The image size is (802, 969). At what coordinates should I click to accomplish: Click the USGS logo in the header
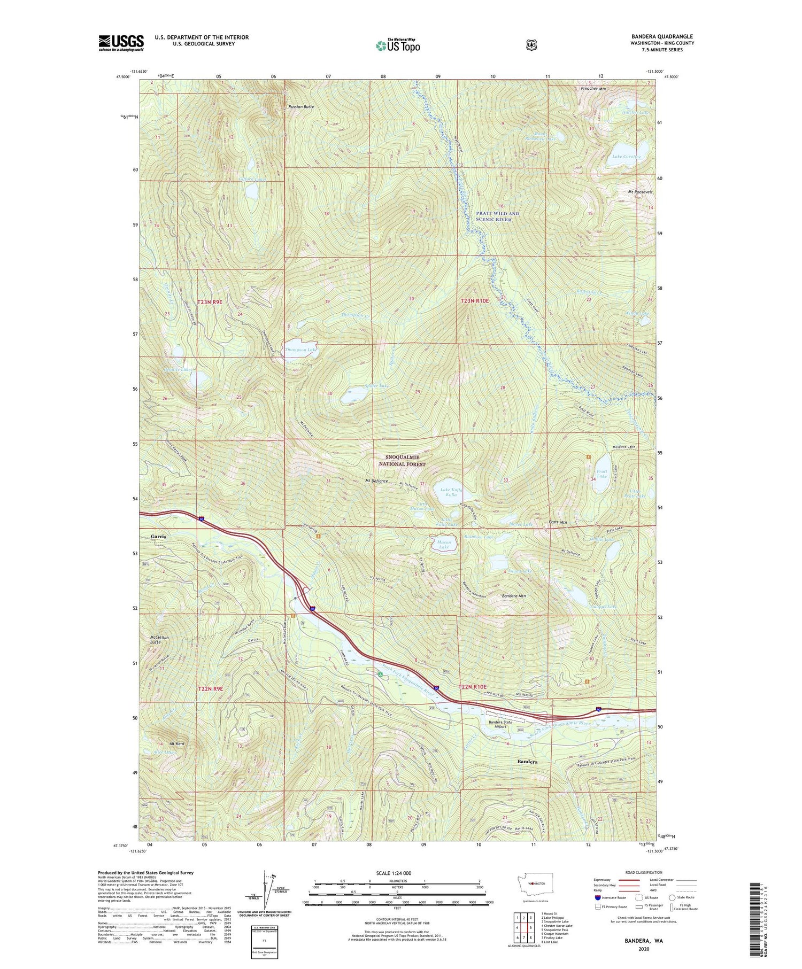point(121,43)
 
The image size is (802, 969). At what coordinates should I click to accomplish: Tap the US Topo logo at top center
point(398,45)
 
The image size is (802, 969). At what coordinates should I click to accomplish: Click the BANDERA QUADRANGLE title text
point(661,36)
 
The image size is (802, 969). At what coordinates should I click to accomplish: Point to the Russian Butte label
point(301,107)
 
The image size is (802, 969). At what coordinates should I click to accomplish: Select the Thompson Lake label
point(300,350)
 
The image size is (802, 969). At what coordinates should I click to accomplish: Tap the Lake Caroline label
point(626,157)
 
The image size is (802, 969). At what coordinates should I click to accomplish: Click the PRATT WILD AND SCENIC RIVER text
point(497,216)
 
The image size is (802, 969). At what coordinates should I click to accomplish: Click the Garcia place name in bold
point(158,536)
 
